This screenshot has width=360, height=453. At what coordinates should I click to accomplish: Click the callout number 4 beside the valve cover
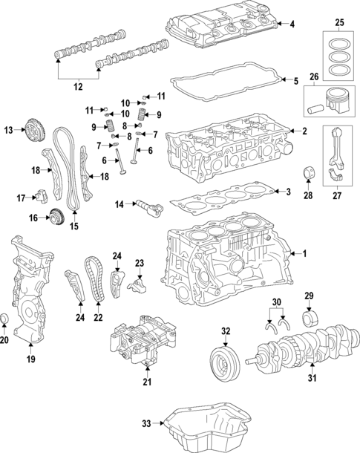pos(292,25)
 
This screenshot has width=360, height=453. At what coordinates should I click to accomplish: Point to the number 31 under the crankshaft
pos(311,379)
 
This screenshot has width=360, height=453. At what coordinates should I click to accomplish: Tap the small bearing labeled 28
pos(307,176)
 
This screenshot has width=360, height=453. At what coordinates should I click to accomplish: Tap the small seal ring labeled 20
pos(6,319)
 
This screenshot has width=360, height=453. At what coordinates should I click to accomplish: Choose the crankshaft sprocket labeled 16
pos(55,218)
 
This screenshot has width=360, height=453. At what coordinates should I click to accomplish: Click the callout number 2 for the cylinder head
pos(304,131)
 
